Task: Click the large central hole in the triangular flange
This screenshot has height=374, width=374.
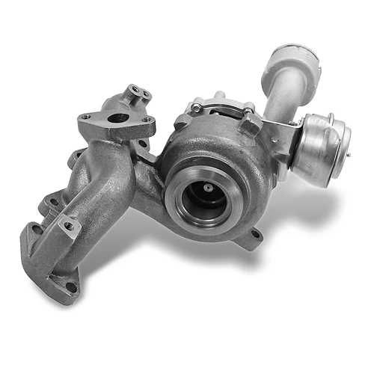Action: (117, 118)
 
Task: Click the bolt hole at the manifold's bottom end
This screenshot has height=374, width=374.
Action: (70, 286)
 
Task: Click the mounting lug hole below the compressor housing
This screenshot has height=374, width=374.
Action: (257, 235)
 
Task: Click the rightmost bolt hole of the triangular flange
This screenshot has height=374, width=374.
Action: (148, 121)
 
